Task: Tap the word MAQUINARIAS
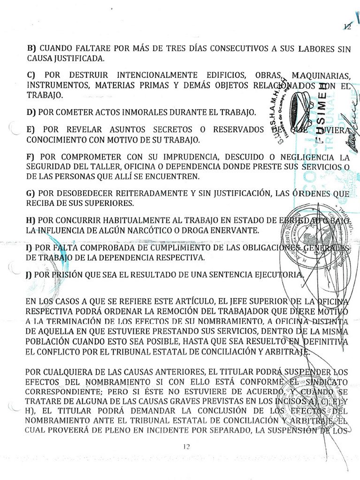coord(321,76)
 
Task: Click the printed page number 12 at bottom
coord(186,447)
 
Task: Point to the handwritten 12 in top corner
coord(347,27)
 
